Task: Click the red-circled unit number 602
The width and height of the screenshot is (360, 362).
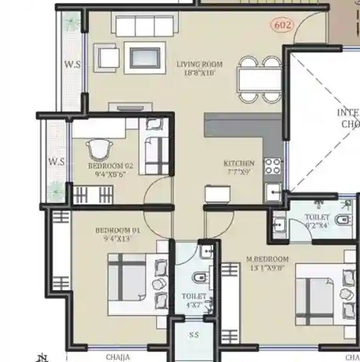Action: [282, 25]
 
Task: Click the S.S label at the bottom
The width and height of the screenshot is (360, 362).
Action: [194, 335]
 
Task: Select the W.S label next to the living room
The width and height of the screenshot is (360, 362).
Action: [72, 65]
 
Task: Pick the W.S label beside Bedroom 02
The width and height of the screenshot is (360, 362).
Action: [56, 161]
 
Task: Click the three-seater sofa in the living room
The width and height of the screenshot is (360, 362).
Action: [144, 26]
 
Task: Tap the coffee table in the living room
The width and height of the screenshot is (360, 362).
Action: [145, 58]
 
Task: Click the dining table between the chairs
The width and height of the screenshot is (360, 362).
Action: [259, 80]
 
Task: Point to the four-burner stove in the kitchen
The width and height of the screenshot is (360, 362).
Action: [273, 166]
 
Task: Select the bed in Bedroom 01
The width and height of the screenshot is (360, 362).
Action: [136, 284]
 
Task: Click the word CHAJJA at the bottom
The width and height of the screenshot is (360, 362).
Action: [118, 357]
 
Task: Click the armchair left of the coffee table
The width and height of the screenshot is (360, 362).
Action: [109, 57]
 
